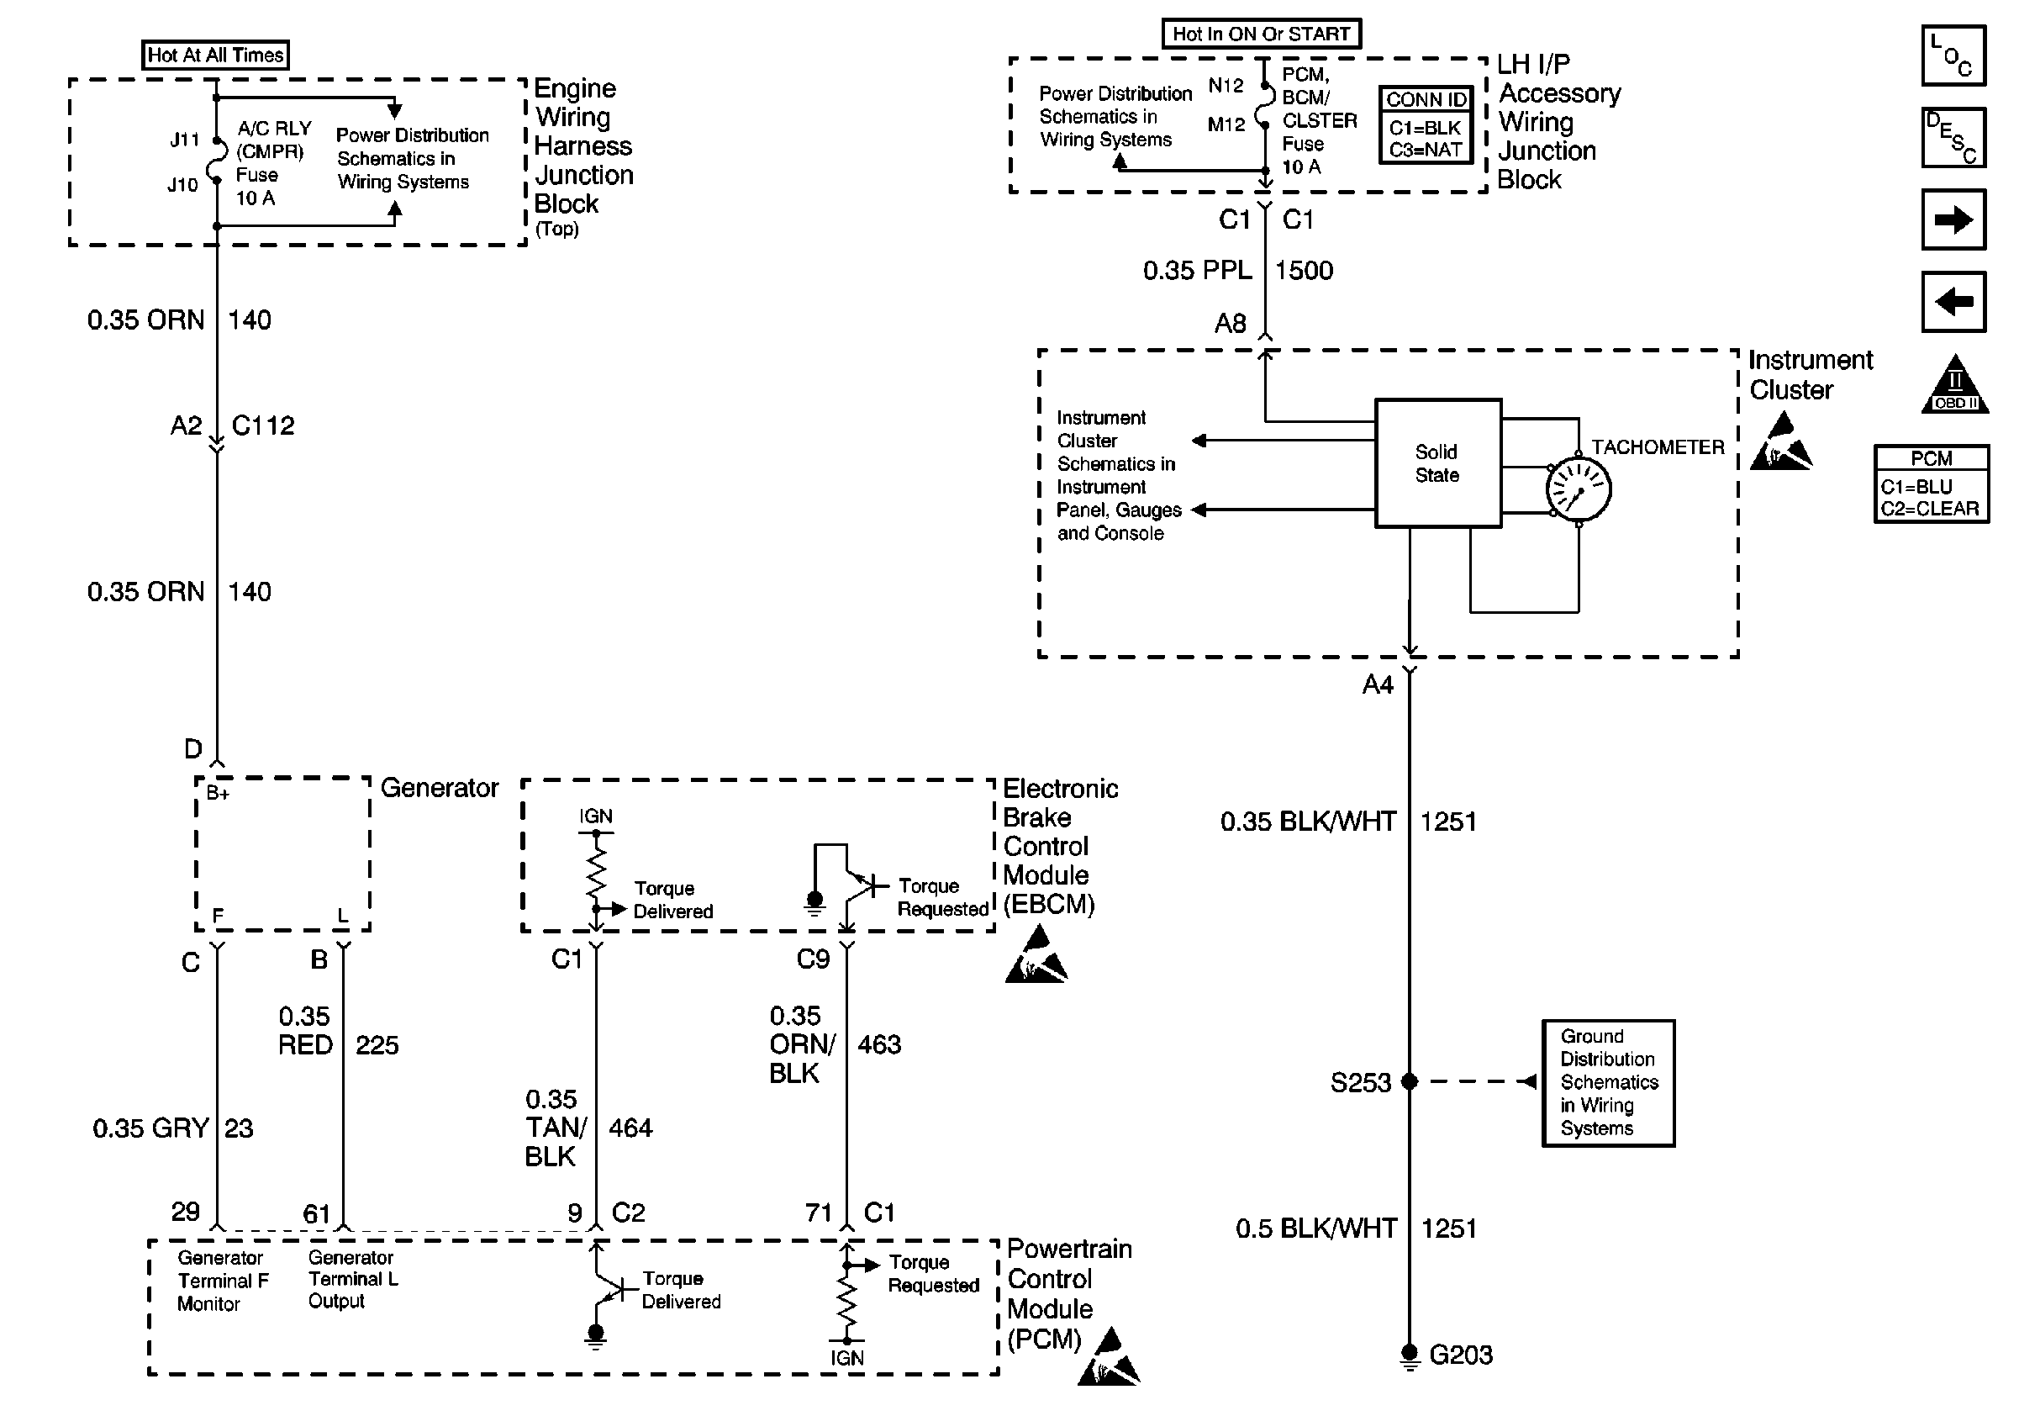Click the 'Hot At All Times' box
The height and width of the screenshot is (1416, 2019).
(x=215, y=55)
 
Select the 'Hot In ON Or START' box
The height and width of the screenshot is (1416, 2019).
(x=1261, y=34)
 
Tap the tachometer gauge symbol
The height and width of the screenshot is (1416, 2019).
(x=1579, y=489)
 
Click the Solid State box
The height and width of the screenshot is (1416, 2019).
(x=1437, y=463)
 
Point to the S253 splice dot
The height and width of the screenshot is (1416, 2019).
(x=1410, y=1080)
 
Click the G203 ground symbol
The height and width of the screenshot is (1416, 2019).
(x=1410, y=1355)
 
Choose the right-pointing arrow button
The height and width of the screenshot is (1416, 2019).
(x=1954, y=219)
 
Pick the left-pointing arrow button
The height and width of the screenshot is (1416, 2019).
(x=1954, y=302)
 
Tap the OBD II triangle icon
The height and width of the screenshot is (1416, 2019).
(x=1955, y=386)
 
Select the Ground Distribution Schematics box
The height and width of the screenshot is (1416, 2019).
(x=1608, y=1083)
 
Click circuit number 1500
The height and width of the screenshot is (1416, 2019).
(x=1304, y=271)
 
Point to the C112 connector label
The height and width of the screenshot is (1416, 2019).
(x=263, y=425)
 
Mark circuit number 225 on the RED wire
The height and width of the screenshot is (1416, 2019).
(x=377, y=1045)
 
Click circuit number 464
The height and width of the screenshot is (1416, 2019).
(x=630, y=1128)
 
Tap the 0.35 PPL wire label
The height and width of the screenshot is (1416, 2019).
(x=1197, y=271)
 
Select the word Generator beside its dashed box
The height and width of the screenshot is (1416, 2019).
(x=439, y=788)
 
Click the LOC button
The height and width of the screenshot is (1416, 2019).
(x=1954, y=55)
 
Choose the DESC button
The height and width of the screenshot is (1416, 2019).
(x=1954, y=138)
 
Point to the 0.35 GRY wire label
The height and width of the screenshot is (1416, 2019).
(x=150, y=1128)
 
